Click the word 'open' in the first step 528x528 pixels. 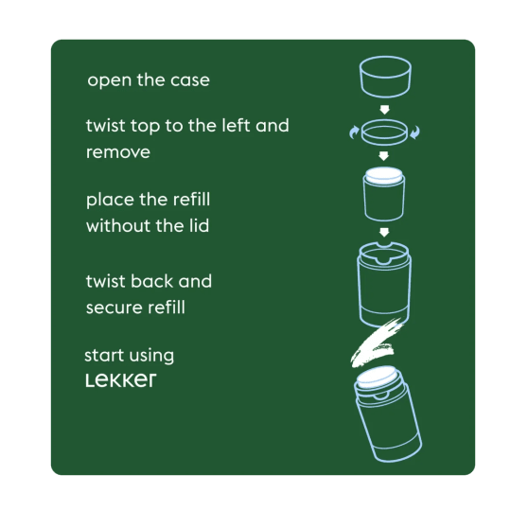108,80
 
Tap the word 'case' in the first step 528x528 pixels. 188,80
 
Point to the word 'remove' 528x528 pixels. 118,151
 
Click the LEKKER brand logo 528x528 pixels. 120,380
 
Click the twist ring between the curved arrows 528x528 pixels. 384,132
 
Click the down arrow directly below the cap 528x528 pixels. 384,109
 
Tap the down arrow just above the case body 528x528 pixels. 384,232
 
